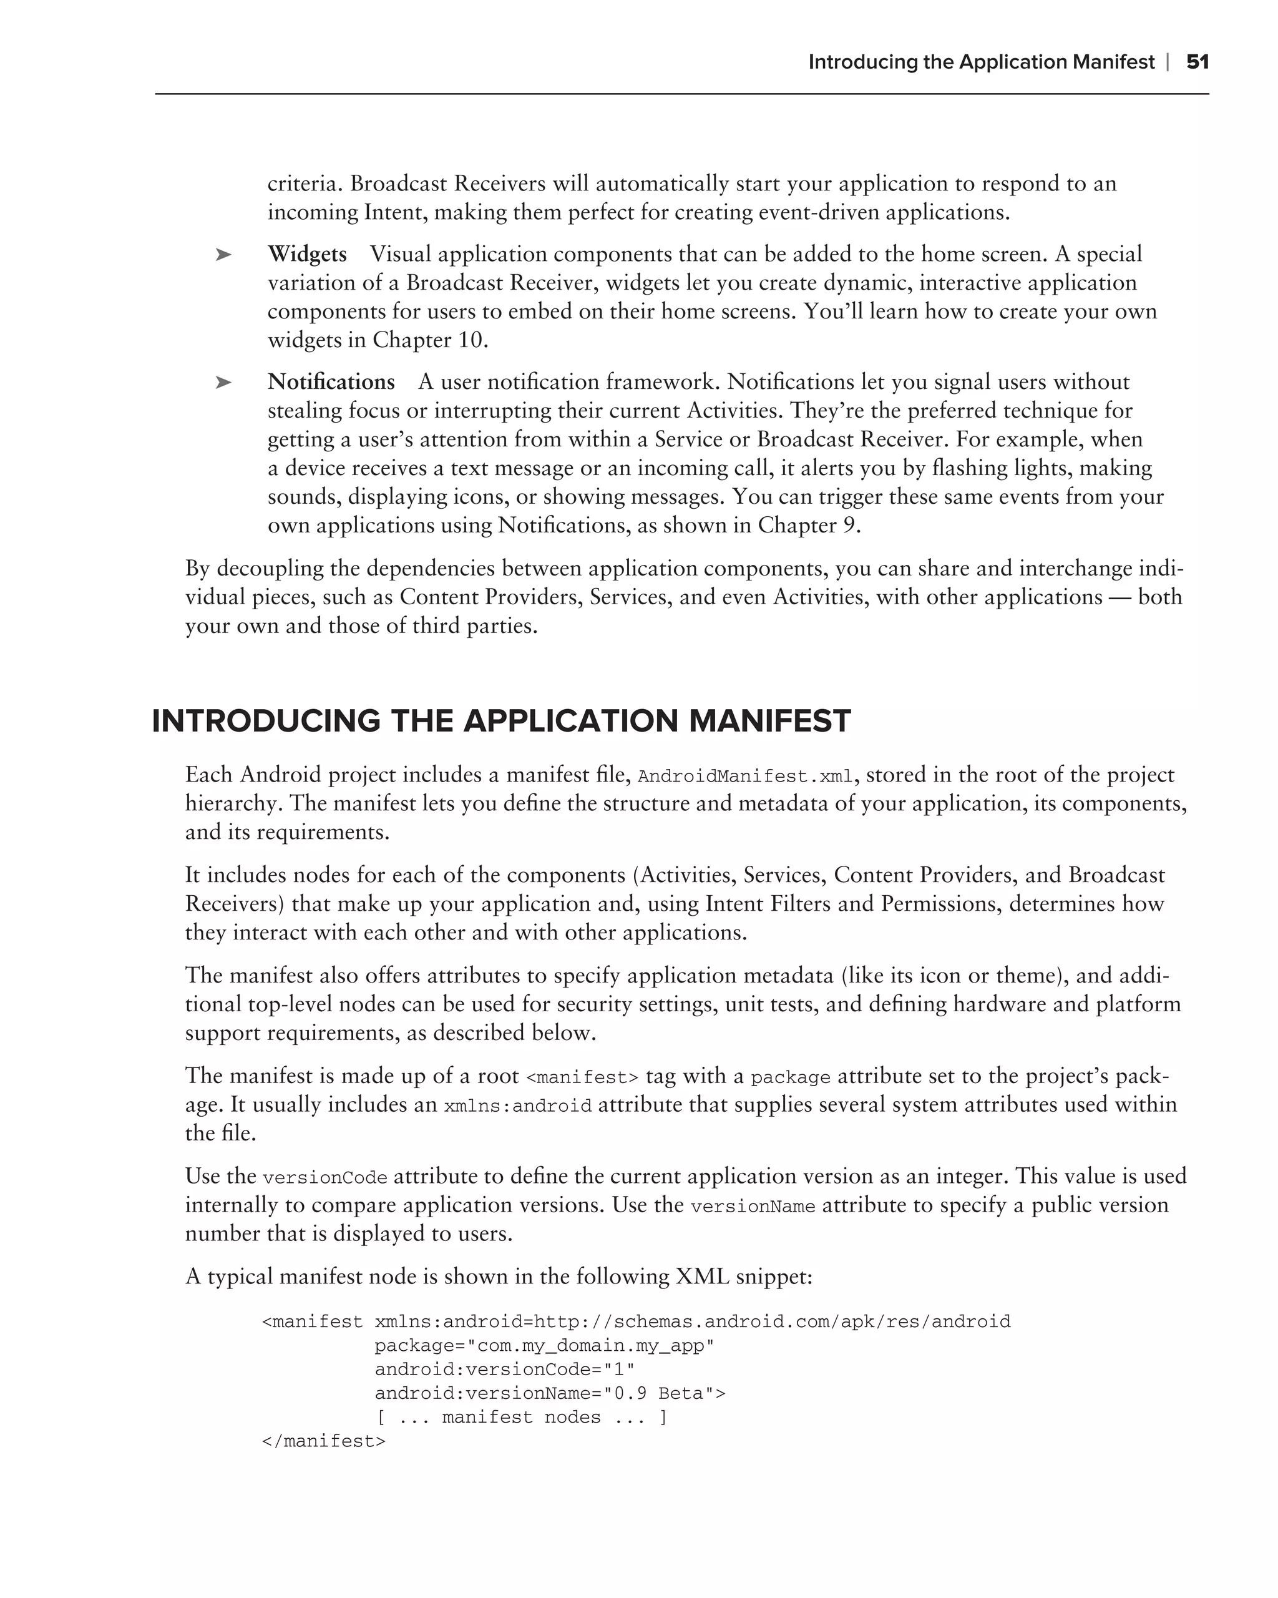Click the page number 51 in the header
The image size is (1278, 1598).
coord(1198,62)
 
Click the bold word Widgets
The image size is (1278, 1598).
coord(307,254)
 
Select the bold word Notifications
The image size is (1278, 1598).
coord(331,382)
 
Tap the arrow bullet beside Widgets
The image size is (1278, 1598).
coord(223,255)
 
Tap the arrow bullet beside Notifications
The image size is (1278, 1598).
coord(223,383)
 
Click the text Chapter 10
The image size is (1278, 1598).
coord(430,340)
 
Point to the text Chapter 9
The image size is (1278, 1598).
coord(808,526)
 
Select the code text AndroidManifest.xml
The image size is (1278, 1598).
coord(745,777)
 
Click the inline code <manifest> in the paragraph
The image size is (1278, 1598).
coord(582,1077)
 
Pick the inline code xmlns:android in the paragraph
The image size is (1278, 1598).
coord(517,1106)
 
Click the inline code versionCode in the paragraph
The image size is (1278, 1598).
coord(324,1178)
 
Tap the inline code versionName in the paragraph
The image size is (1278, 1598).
coord(752,1207)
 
